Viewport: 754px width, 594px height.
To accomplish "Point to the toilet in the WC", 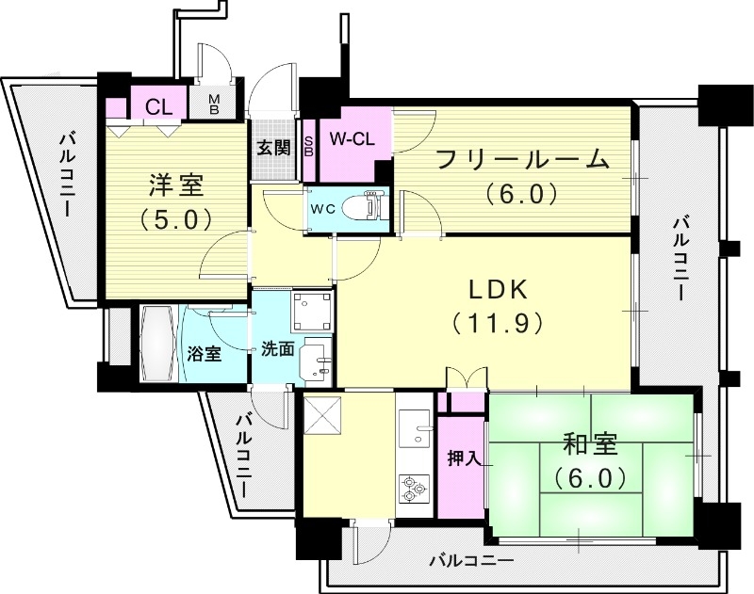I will point(364,205).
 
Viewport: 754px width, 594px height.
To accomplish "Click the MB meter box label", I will point(214,104).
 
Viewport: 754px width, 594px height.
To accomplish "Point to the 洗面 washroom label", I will point(277,347).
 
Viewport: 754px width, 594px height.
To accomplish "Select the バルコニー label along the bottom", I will point(471,561).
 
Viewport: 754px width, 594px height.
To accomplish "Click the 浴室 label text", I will point(204,354).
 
